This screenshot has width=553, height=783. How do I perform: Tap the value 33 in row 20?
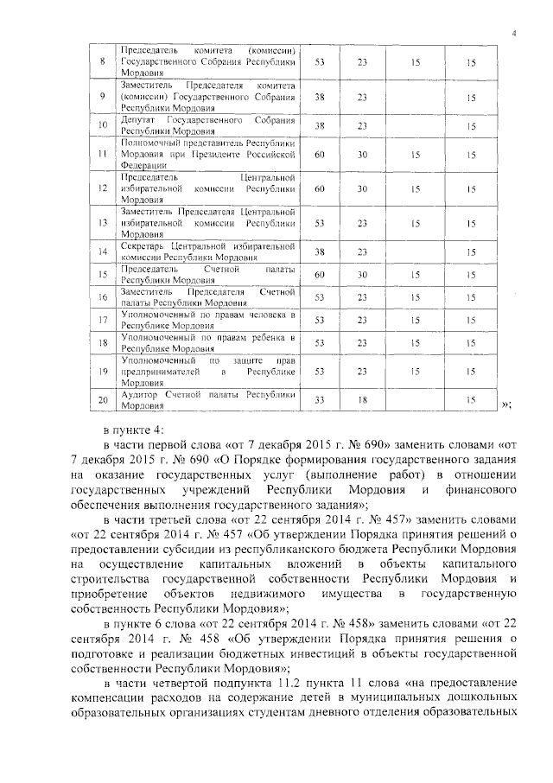319,398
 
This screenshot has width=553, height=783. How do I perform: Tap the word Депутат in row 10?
140,119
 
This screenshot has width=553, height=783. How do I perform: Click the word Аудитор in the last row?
143,393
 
